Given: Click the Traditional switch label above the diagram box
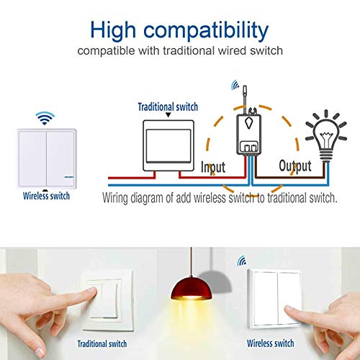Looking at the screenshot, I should tap(168, 106).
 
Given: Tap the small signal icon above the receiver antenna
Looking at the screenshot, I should tap(235, 86).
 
